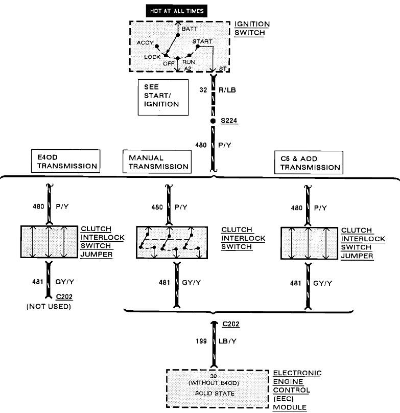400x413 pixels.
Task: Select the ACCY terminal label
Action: click(x=145, y=43)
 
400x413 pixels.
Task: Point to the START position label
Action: click(x=203, y=41)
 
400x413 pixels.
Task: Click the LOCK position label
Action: click(x=152, y=57)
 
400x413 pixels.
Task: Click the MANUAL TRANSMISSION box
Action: click(x=156, y=162)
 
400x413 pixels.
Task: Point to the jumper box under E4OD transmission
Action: click(x=49, y=242)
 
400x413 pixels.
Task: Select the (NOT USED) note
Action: click(x=49, y=307)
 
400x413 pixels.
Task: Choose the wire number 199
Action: click(x=201, y=340)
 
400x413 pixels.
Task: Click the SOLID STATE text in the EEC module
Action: click(x=214, y=394)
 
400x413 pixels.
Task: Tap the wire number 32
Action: click(x=203, y=89)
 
